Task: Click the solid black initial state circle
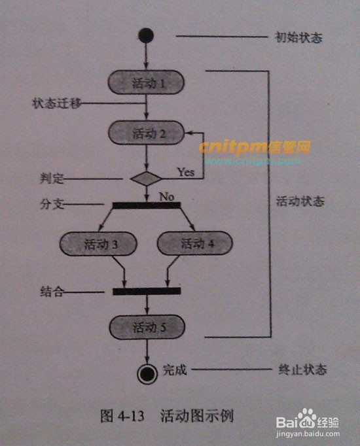coord(146,35)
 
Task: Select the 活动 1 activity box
coord(146,82)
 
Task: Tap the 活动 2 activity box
coord(146,133)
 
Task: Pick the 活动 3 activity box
coord(98,244)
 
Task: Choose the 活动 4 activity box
coord(195,243)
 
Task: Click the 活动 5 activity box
coord(147,327)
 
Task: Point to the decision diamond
coord(146,179)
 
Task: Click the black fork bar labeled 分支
coord(147,205)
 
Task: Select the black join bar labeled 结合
coord(147,291)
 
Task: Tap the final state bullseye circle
coord(147,374)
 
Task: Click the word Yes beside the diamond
coord(186,172)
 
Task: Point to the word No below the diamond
coord(167,197)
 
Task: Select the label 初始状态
coord(298,37)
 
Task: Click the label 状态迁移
coord(56,103)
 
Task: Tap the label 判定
coord(52,179)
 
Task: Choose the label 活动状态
coord(300,201)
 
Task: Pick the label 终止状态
coord(302,369)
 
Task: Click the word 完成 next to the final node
coord(175,370)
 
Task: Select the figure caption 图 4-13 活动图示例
coord(167,416)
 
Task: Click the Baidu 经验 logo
coord(308,419)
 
